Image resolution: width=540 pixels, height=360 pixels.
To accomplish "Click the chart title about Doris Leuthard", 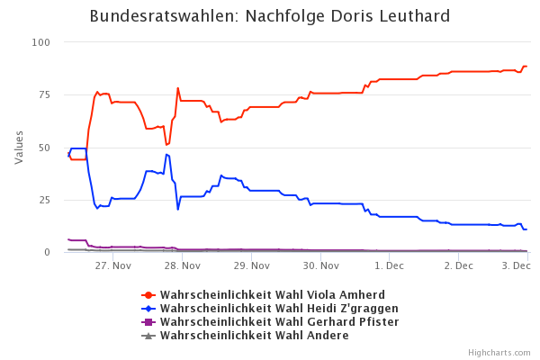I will [270, 17].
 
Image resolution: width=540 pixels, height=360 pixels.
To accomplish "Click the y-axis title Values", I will [19, 147].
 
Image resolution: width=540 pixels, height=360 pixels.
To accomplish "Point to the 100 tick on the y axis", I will [40, 42].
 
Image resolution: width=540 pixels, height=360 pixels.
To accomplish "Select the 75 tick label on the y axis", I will [43, 94].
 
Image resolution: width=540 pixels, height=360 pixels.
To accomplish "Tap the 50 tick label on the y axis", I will [43, 148].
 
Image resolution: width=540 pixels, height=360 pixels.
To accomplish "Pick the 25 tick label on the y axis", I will [43, 200].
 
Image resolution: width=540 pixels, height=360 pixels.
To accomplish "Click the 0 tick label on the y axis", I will [47, 252].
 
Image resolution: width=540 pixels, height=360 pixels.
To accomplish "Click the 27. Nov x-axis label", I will [113, 266].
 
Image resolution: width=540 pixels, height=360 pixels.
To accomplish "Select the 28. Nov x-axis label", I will [183, 266].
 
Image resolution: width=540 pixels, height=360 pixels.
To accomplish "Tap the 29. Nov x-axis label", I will [252, 266].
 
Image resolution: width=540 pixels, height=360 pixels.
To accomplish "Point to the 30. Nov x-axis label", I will [321, 266].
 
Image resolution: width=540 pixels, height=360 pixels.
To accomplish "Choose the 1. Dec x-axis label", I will [390, 266].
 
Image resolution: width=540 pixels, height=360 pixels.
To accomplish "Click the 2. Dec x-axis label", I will [459, 266].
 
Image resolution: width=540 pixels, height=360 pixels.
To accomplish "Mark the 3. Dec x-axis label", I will [516, 266].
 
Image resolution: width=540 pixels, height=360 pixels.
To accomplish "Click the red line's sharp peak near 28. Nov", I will [178, 88].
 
